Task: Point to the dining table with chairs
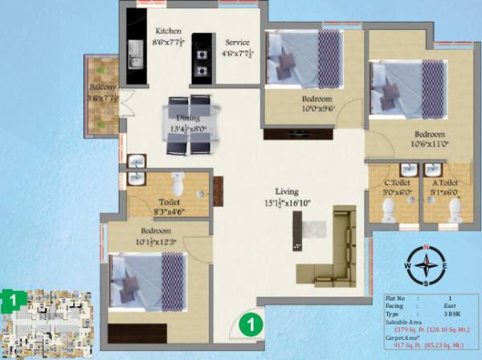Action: [190, 124]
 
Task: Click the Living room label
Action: [287, 192]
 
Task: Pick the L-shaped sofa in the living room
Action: [333, 249]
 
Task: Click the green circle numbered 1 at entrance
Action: [251, 326]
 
